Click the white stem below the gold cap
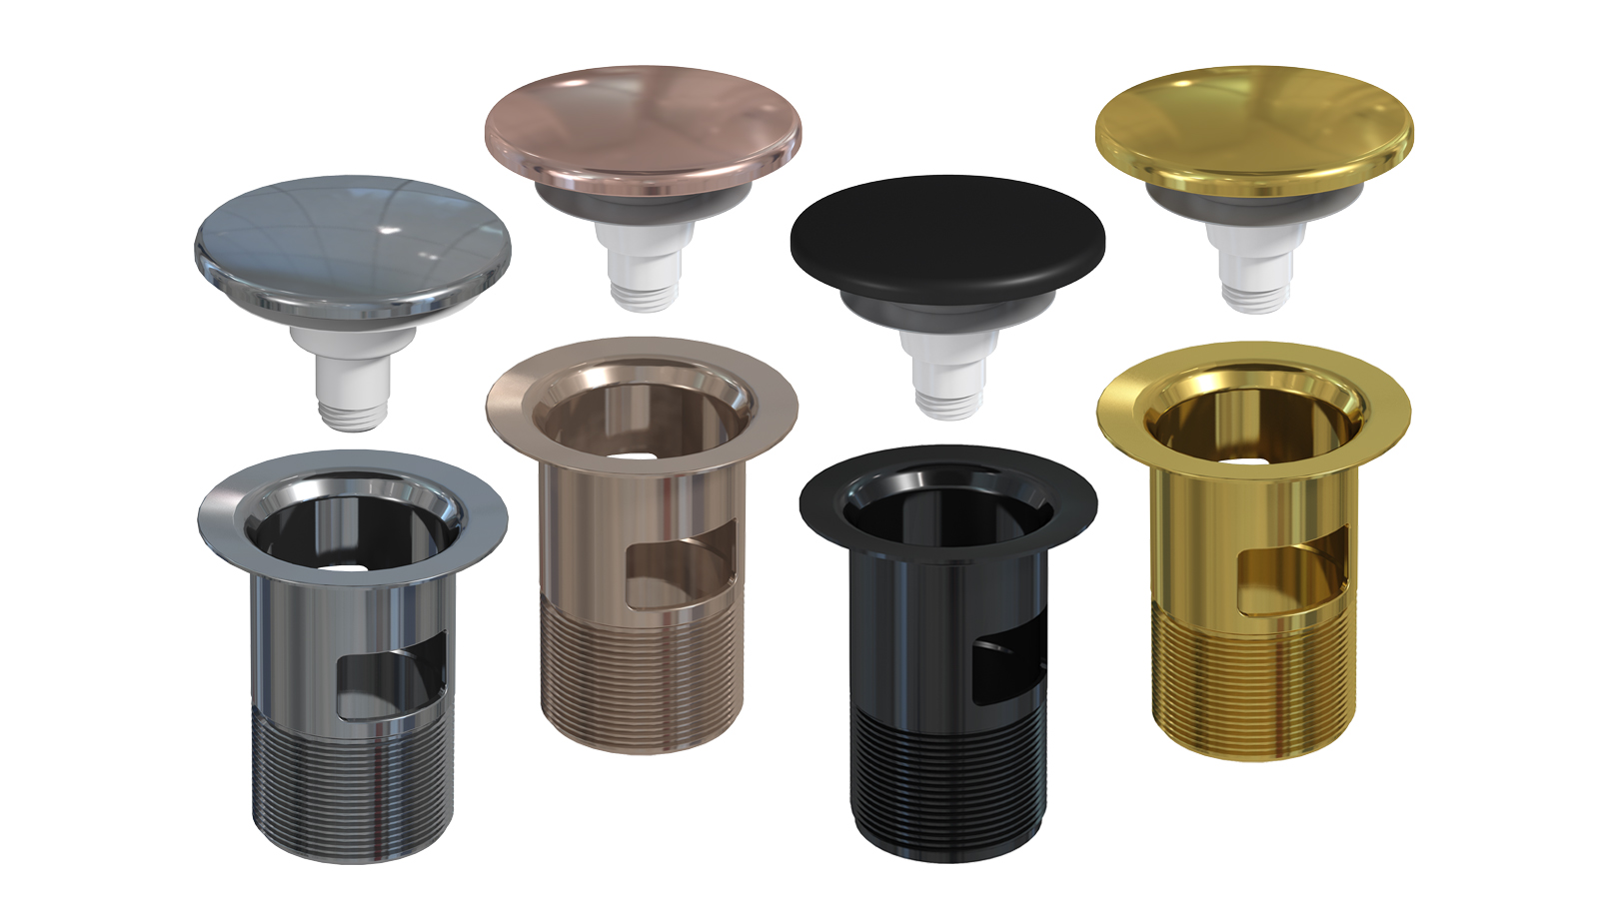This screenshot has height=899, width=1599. pyautogui.click(x=1254, y=264)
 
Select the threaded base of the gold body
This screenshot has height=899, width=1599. pyautogui.click(x=1254, y=679)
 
